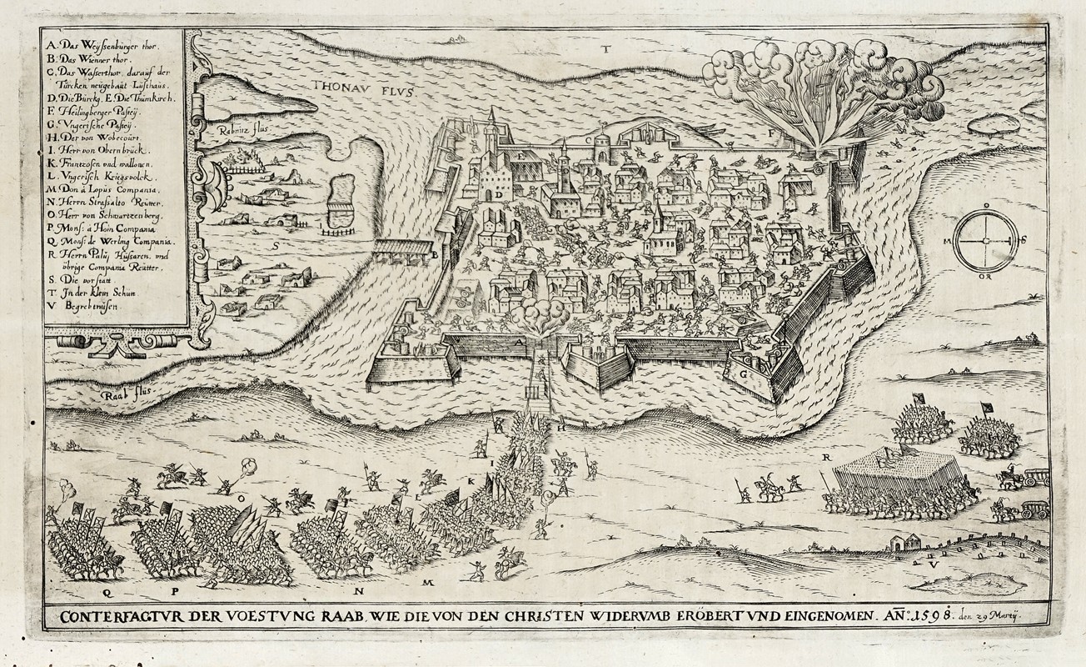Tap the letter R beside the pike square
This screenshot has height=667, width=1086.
tap(826, 458)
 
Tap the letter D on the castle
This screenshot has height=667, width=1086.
tap(497, 194)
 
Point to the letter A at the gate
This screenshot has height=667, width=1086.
tap(517, 343)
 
